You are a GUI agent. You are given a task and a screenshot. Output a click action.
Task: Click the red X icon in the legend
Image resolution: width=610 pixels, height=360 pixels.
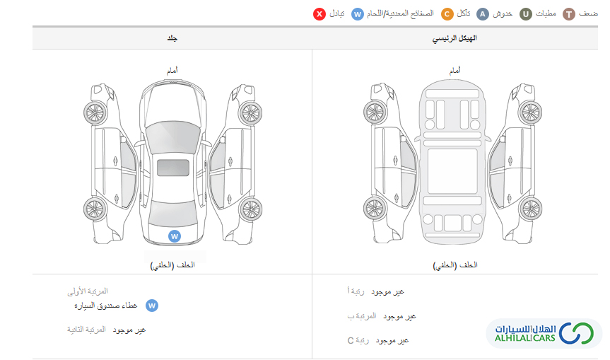[319, 13]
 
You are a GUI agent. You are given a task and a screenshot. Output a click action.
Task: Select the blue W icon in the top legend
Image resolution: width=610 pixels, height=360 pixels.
[358, 13]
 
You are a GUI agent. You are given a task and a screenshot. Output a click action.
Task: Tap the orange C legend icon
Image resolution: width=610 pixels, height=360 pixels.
[447, 13]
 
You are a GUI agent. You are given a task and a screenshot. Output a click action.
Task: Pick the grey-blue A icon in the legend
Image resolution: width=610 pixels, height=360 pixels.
[483, 13]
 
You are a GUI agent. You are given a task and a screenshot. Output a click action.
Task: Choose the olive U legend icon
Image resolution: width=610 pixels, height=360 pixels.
[526, 13]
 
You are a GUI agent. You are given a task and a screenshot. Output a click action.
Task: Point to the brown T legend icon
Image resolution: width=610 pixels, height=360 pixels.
[569, 13]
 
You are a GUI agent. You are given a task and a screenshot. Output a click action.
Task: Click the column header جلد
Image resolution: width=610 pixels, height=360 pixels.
[172, 38]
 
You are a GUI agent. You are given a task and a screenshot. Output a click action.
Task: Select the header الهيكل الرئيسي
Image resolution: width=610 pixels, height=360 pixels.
[455, 38]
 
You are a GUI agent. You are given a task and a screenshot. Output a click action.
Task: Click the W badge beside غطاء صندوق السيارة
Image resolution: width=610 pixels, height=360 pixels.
[151, 306]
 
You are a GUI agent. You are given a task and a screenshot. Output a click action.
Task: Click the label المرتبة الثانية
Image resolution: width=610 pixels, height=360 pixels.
[87, 330]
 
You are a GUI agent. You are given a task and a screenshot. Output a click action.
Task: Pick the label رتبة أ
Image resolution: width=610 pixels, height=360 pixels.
[358, 291]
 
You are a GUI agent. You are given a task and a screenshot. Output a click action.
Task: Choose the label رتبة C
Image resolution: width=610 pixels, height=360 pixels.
[359, 340]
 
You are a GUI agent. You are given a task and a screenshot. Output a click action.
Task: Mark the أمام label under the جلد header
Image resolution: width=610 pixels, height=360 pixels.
[172, 71]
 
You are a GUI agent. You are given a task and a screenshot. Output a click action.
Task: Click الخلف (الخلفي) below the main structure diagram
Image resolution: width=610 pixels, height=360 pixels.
[455, 265]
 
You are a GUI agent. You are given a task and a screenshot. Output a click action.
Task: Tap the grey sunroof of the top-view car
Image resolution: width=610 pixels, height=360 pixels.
[172, 168]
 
